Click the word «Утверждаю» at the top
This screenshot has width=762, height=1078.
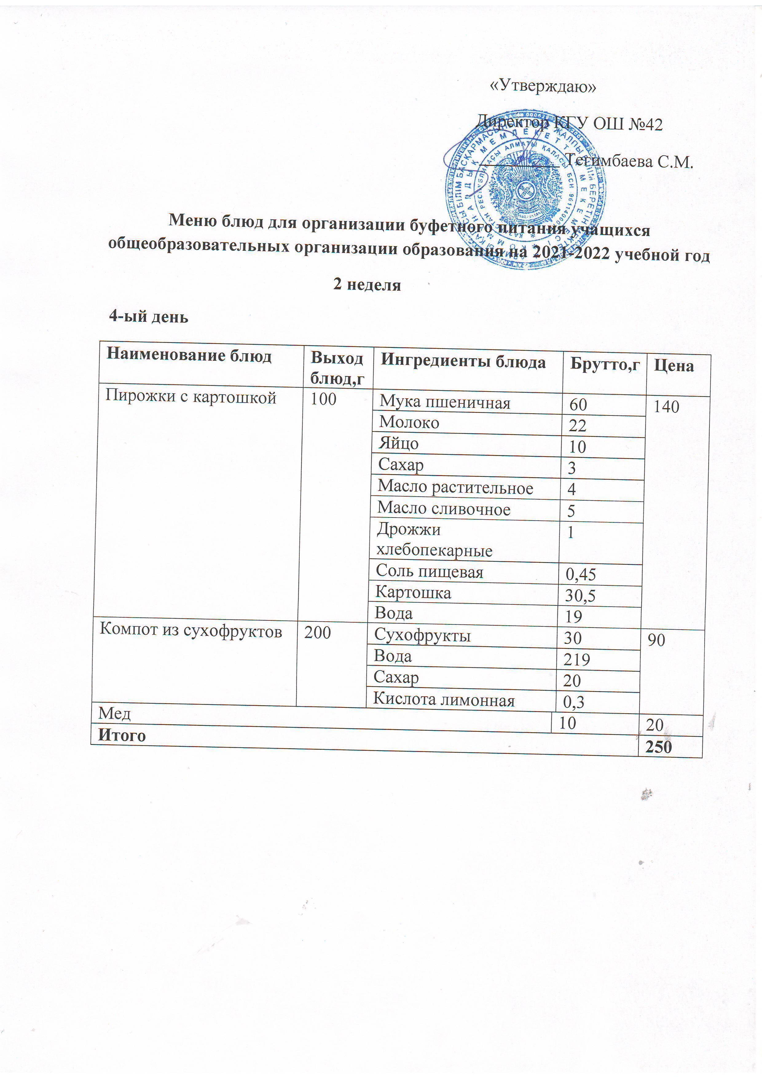(x=543, y=86)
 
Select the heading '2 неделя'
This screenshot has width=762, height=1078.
(x=367, y=285)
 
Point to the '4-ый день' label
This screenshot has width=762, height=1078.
(x=148, y=317)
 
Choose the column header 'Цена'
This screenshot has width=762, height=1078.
(x=674, y=366)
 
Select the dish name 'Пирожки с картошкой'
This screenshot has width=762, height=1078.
(x=190, y=397)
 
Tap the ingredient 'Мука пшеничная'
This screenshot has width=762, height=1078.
(x=445, y=402)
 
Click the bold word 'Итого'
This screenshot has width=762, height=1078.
(x=122, y=735)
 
